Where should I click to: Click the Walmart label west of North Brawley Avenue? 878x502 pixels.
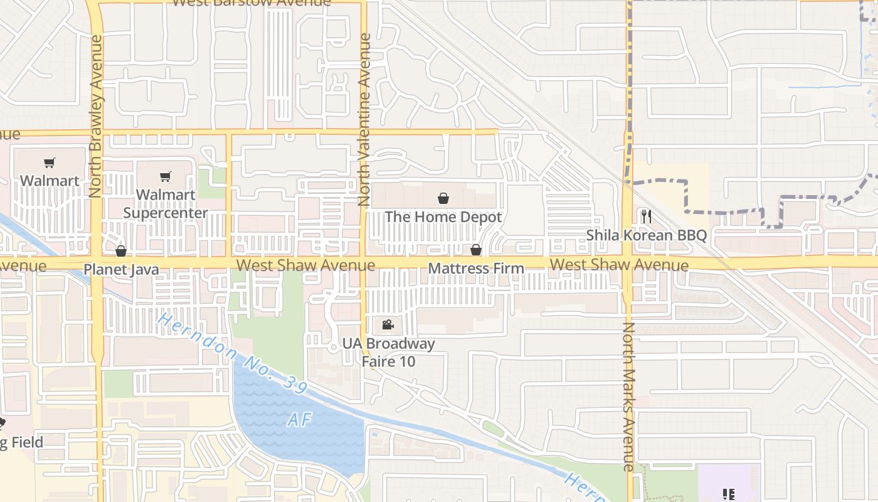(50, 181)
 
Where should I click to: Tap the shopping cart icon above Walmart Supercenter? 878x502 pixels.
(165, 177)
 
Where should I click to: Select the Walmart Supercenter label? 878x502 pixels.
(166, 204)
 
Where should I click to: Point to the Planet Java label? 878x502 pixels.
(121, 270)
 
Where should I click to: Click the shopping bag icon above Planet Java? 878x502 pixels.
(121, 252)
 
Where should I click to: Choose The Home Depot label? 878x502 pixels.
(443, 217)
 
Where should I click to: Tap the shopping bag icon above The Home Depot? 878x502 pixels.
(443, 199)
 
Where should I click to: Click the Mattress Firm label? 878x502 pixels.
(476, 269)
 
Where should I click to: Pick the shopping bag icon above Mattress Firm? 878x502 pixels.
(475, 250)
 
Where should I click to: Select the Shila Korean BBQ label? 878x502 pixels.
(647, 235)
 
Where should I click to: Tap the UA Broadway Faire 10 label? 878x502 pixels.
(388, 353)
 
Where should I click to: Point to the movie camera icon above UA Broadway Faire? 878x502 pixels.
(388, 325)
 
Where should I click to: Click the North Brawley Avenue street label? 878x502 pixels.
(96, 116)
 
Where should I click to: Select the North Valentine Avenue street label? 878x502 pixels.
(365, 119)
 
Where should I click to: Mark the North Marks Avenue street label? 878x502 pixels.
(628, 397)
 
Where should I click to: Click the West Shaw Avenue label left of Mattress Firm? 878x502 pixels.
(306, 265)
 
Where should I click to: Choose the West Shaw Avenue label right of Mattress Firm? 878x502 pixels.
(619, 265)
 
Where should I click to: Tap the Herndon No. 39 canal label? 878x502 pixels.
(232, 354)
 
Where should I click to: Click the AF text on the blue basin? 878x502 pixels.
(300, 419)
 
